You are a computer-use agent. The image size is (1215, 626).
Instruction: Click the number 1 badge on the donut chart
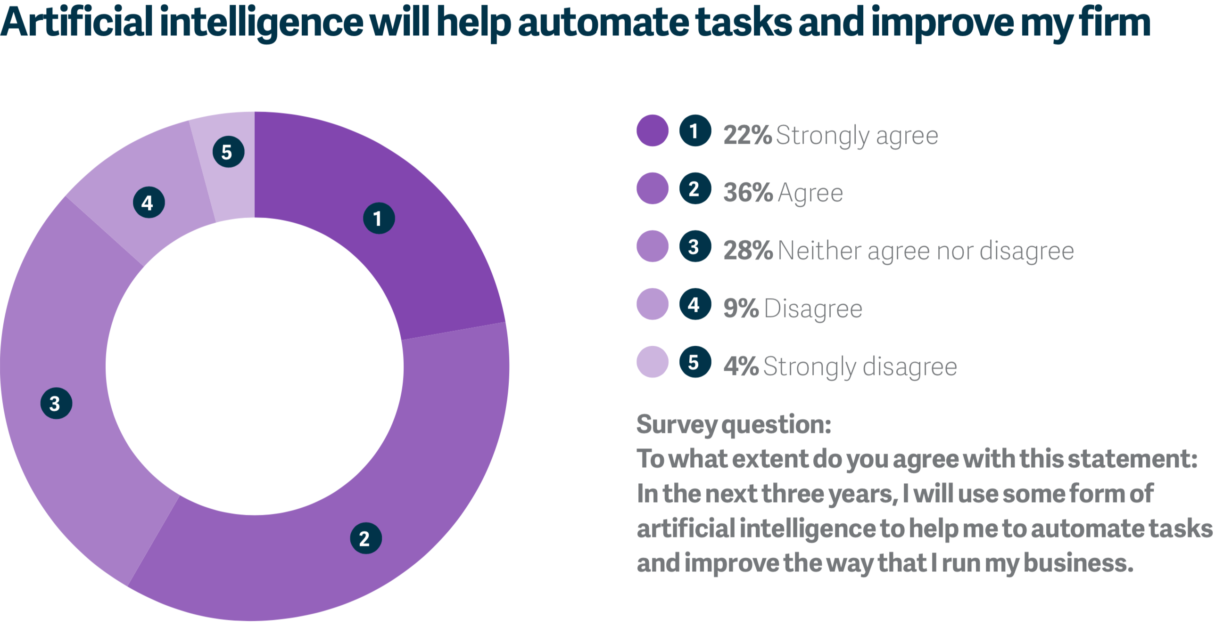click(x=379, y=218)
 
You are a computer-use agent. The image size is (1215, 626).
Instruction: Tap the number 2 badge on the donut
click(x=366, y=538)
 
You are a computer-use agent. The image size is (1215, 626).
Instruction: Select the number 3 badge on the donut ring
click(x=56, y=403)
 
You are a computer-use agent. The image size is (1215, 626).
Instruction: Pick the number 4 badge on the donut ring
click(x=149, y=202)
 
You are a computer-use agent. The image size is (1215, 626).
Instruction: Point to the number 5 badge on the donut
click(x=228, y=152)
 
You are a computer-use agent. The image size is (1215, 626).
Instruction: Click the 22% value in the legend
click(x=748, y=135)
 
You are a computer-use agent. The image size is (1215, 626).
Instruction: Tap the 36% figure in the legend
click(x=748, y=193)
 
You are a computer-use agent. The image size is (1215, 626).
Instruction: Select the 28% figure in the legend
click(x=748, y=251)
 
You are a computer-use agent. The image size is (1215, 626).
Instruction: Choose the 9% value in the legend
click(x=741, y=309)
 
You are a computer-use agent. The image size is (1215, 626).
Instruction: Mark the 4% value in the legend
click(x=741, y=366)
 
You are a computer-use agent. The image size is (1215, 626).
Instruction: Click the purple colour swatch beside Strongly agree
click(x=653, y=130)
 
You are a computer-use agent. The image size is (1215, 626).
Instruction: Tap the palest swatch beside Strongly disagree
click(x=653, y=362)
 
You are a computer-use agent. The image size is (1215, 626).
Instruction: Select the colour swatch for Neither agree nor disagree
click(x=653, y=246)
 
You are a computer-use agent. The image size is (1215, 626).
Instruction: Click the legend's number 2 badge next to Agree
click(x=695, y=188)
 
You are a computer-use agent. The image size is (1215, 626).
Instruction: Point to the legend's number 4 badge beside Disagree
click(x=695, y=304)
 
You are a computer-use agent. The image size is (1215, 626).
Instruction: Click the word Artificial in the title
click(x=76, y=22)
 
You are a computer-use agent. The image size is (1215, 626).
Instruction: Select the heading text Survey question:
click(x=734, y=425)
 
